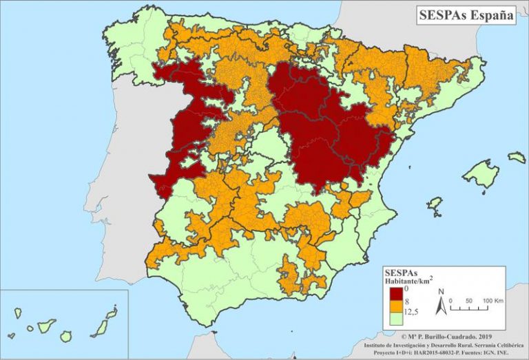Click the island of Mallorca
coord(480,174)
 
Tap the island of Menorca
coord(517,158)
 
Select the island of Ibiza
coord(435,204)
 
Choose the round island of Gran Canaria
coord(66,336)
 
